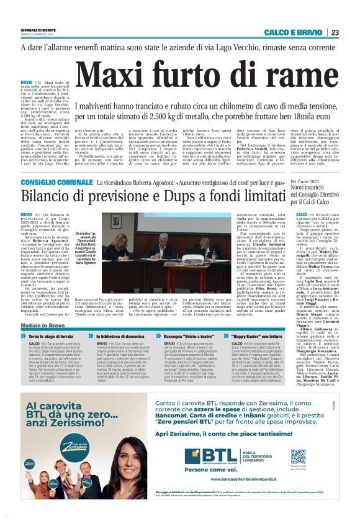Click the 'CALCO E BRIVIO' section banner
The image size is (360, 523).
294,32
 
